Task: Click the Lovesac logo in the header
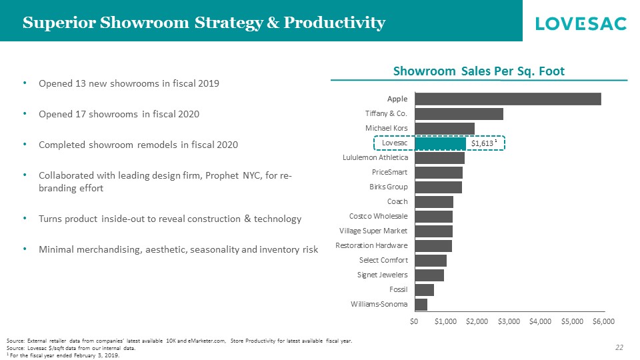pyautogui.click(x=581, y=23)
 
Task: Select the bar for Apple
pyautogui.click(x=507, y=99)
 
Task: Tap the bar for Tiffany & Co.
pyautogui.click(x=459, y=113)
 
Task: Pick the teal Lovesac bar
pyautogui.click(x=440, y=143)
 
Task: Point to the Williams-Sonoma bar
pyautogui.click(x=421, y=304)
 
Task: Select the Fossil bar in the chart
pyautogui.click(x=424, y=289)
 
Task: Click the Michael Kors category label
pyautogui.click(x=386, y=128)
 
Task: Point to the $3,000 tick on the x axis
pyautogui.click(x=509, y=321)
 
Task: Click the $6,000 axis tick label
pyautogui.click(x=603, y=321)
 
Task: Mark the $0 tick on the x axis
pyautogui.click(x=414, y=321)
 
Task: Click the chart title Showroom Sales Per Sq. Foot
pyautogui.click(x=479, y=71)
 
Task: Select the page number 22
pyautogui.click(x=619, y=347)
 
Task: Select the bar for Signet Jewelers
pyautogui.click(x=429, y=275)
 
